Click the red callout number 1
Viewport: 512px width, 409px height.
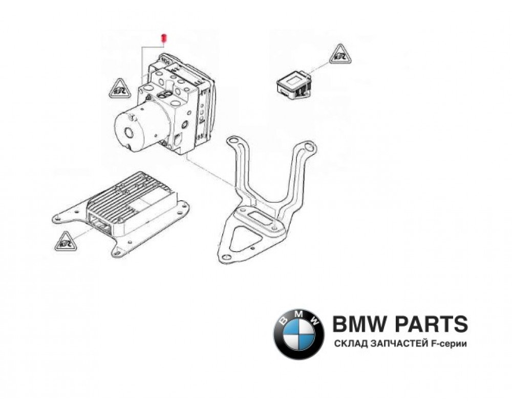[163, 38]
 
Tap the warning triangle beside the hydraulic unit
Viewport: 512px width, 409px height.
[118, 89]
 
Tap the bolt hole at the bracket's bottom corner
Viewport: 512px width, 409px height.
[225, 257]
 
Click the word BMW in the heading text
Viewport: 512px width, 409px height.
[356, 324]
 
